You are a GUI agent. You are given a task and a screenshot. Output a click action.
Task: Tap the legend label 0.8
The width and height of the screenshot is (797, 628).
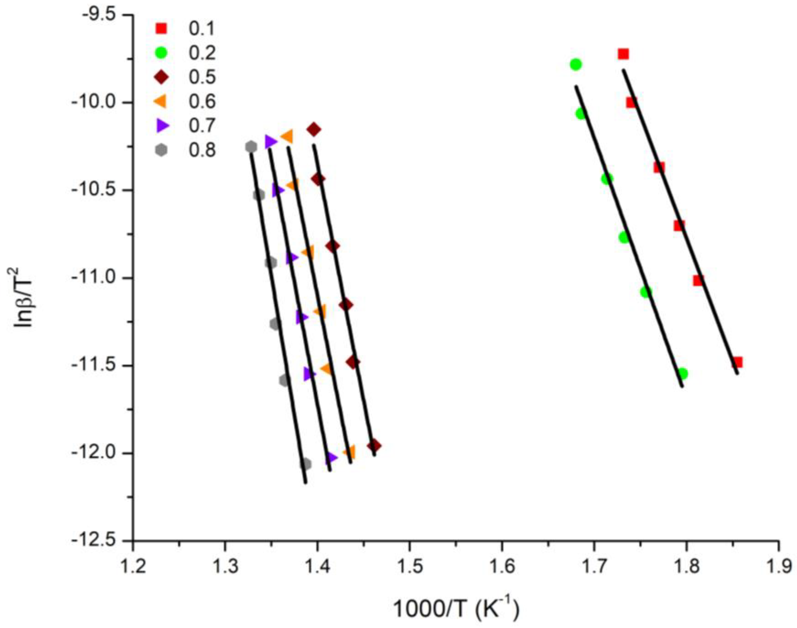tap(202, 150)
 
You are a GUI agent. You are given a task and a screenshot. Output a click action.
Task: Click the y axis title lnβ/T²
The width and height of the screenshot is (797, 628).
tap(24, 303)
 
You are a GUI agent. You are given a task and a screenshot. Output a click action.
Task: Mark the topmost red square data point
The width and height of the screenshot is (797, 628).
tap(623, 54)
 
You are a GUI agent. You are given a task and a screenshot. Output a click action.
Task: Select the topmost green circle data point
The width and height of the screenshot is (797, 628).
tap(576, 64)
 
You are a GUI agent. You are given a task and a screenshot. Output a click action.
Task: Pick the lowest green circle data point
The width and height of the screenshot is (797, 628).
tap(682, 374)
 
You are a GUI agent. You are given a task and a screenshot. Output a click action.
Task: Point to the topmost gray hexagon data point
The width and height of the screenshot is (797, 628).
tap(251, 147)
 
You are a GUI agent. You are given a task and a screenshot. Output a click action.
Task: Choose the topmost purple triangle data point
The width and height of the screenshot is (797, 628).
tap(270, 142)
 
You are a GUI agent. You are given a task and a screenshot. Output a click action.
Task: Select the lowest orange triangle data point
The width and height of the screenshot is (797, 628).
tap(349, 452)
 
